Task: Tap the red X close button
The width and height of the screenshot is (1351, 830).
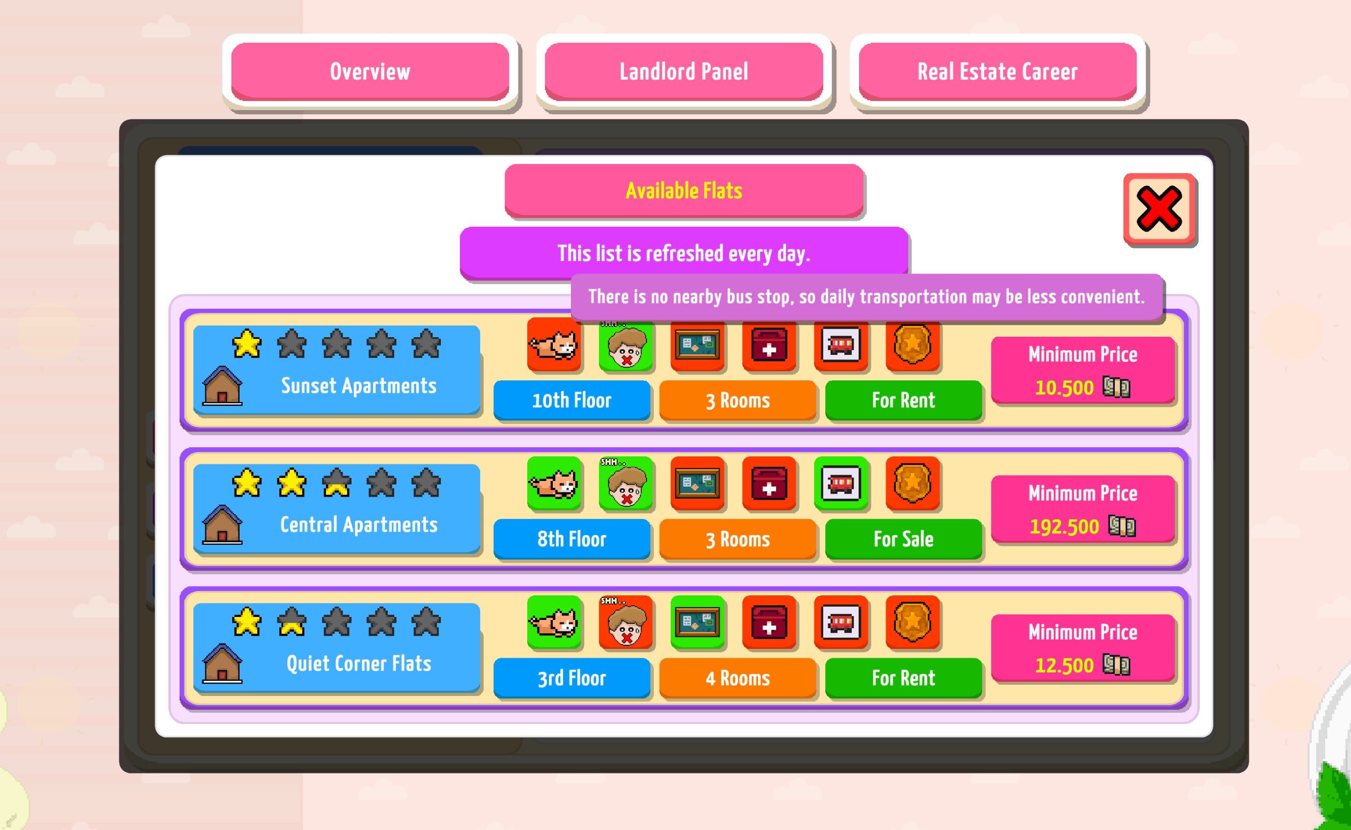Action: pyautogui.click(x=1160, y=209)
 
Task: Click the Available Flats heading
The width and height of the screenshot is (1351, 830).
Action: pyautogui.click(x=684, y=190)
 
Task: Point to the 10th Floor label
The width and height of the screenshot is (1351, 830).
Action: pyautogui.click(x=571, y=400)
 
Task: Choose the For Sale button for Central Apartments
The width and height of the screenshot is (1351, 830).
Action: pyautogui.click(x=903, y=539)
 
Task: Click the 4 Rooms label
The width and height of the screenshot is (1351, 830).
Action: pyautogui.click(x=737, y=678)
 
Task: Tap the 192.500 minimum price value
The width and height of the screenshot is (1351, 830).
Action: pyautogui.click(x=1064, y=527)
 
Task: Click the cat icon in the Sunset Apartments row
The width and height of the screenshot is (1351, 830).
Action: pyautogui.click(x=553, y=345)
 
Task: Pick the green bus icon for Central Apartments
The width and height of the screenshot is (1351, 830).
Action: pyautogui.click(x=840, y=483)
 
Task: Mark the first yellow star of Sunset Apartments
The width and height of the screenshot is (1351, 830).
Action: pyautogui.click(x=246, y=344)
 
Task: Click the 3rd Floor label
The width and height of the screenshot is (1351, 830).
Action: pyautogui.click(x=571, y=678)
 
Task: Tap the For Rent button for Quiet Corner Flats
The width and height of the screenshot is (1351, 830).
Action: pyautogui.click(x=903, y=678)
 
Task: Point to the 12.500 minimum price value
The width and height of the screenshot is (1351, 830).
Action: pyautogui.click(x=1064, y=665)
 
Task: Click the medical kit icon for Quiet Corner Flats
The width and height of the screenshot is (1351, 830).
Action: pyautogui.click(x=769, y=622)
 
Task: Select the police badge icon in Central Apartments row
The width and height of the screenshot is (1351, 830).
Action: pyautogui.click(x=913, y=483)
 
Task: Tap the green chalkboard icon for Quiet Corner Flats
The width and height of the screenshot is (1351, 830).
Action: pyautogui.click(x=697, y=622)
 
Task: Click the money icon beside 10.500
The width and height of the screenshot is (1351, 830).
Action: pyautogui.click(x=1116, y=387)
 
